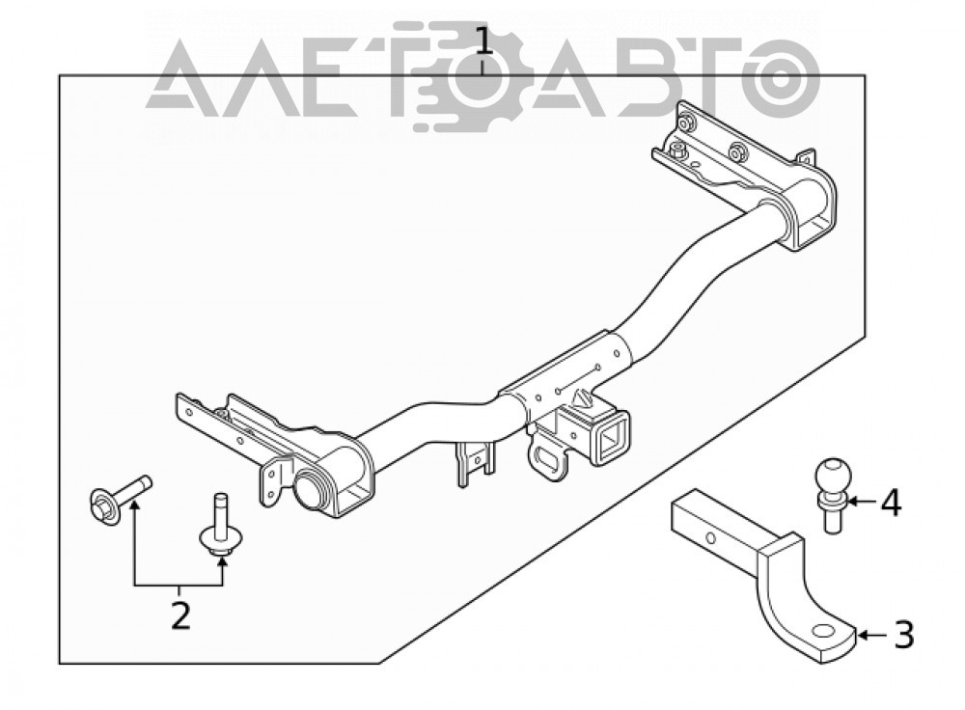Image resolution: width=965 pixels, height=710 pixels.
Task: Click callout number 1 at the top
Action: click(484, 41)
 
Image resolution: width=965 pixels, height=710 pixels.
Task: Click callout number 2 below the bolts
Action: click(180, 615)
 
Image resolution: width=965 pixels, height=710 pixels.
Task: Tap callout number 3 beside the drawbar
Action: click(903, 635)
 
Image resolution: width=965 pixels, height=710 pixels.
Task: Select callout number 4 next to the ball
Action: click(891, 502)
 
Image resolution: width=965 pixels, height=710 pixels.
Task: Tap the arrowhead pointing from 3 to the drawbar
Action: click(861, 635)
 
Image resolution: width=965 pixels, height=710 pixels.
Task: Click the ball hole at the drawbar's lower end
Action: click(823, 631)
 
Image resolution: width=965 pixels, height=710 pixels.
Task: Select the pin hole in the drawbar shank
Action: click(711, 538)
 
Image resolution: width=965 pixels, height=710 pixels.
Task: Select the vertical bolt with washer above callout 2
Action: click(220, 526)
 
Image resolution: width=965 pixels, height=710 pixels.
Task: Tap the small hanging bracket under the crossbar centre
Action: click(475, 462)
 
